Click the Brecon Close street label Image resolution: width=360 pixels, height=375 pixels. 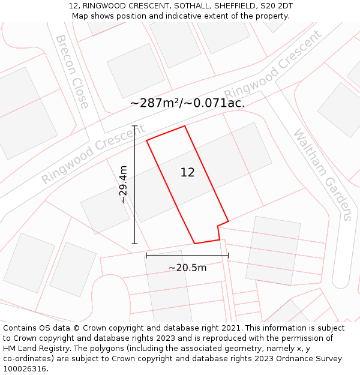(72, 71)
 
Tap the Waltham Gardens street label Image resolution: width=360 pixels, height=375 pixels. (322, 174)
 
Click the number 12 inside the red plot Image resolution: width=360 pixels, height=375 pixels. (187, 173)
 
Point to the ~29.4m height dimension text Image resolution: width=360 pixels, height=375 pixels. (124, 185)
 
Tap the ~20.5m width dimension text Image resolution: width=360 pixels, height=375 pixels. (187, 268)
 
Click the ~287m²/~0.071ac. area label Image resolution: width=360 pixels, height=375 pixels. (187, 103)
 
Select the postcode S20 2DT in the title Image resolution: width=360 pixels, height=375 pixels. (277, 6)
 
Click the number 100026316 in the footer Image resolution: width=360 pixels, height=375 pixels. (24, 369)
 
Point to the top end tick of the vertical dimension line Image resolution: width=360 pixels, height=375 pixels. (134, 126)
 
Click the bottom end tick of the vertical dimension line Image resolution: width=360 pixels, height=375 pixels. (134, 244)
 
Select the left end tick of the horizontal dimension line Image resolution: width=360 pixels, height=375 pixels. (146, 256)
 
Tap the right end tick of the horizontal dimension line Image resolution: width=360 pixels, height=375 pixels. (228, 256)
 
